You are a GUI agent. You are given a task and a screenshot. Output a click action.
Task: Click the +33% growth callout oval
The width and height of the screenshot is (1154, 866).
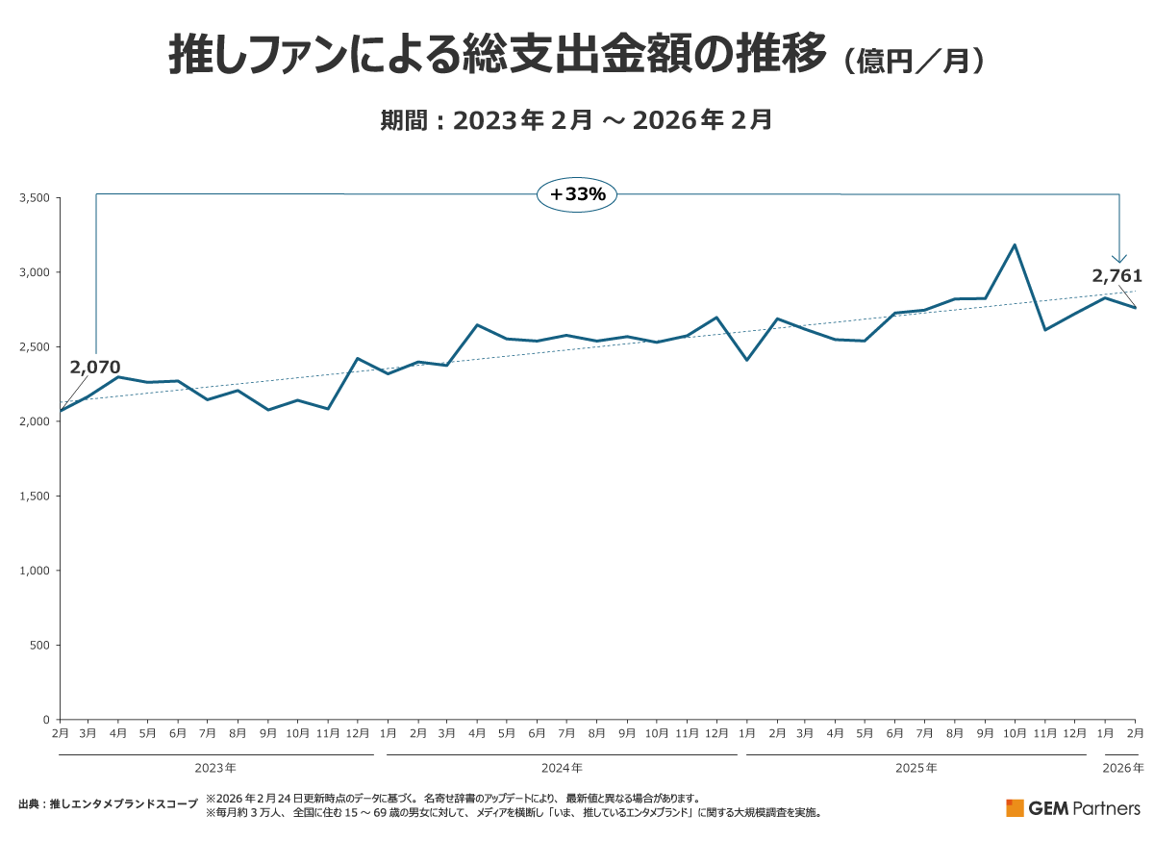coord(577,194)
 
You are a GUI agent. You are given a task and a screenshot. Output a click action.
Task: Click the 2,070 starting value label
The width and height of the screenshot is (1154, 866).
coord(95,368)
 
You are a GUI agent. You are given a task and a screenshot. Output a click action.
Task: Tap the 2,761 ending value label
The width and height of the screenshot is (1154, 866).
coord(1116,277)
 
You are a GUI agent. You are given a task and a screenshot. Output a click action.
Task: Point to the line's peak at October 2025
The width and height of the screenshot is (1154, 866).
coord(1015,244)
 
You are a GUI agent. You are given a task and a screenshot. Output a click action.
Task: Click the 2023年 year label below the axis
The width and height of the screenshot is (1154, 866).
coord(215,768)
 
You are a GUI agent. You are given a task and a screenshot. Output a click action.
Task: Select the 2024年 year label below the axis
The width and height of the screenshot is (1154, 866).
coord(562,768)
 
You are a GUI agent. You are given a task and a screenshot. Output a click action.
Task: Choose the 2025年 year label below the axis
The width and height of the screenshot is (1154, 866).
coord(916,768)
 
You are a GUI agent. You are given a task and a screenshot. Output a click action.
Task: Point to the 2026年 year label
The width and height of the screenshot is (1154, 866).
coord(1123,768)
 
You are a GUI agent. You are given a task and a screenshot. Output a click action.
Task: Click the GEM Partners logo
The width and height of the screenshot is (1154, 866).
coord(1073,807)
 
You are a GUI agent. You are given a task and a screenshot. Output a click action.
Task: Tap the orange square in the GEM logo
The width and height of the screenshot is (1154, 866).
coord(1015,807)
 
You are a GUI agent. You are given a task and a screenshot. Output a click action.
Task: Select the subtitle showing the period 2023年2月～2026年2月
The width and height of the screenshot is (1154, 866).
coord(577,121)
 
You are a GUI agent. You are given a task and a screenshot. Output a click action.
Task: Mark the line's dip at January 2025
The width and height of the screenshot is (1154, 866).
coord(746,360)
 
